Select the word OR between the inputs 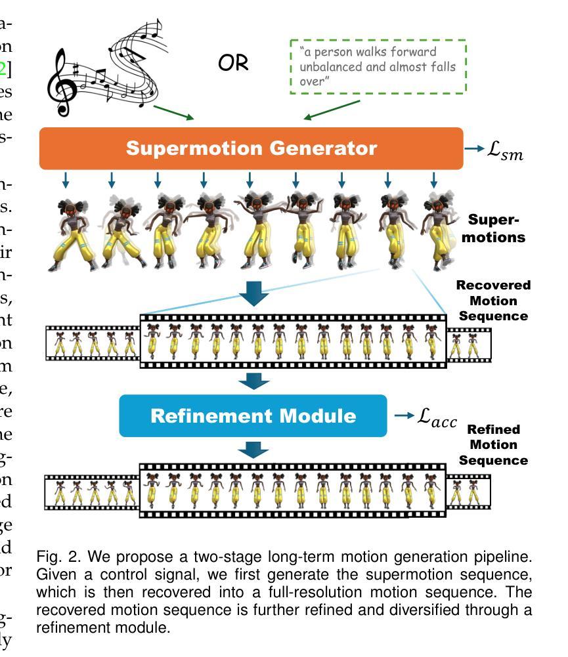coord(234,63)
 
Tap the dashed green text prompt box coord(378,66)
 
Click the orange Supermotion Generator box coord(251,148)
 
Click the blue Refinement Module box coord(253,415)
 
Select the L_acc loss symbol coord(437,417)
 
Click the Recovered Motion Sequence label coord(493,301)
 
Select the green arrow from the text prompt coord(331,110)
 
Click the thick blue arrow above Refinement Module coord(253,381)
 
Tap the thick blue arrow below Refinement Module coord(253,450)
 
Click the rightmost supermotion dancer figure coord(437,230)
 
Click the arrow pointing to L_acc coord(403,415)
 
